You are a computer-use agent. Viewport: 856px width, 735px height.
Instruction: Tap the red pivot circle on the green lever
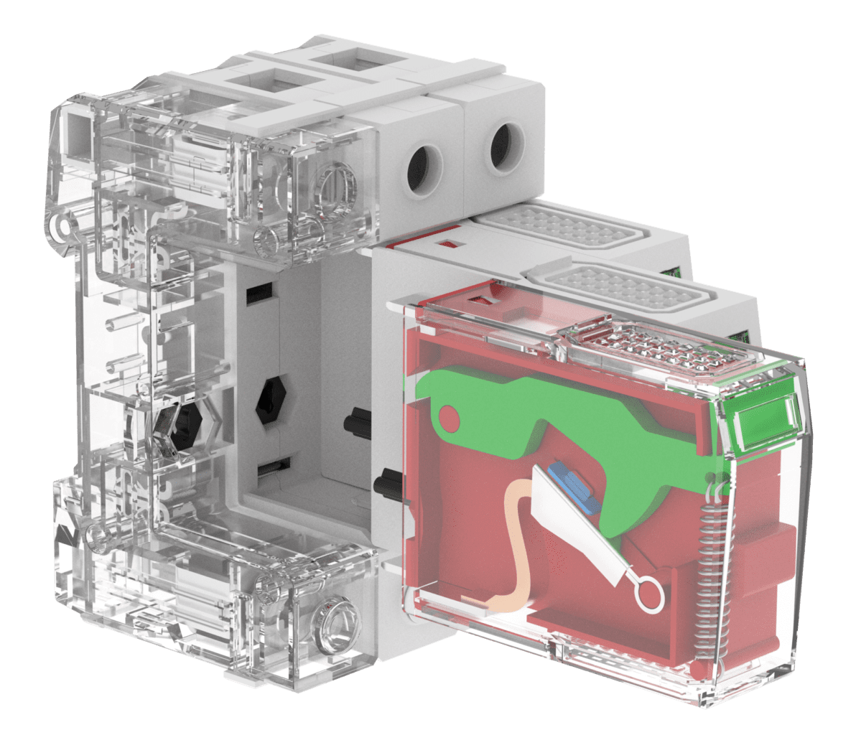447,416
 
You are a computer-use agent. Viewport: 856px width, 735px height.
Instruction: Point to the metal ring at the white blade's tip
649,595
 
